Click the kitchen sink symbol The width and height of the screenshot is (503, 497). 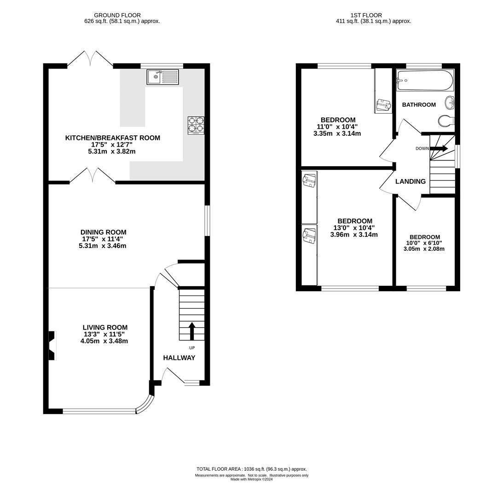click(163, 77)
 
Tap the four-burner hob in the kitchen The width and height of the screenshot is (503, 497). click(196, 125)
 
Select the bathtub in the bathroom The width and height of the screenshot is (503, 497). click(425, 80)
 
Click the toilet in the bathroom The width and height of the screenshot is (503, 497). click(446, 121)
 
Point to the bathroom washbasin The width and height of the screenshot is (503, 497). click(450, 103)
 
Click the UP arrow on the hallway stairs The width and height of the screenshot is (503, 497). click(192, 331)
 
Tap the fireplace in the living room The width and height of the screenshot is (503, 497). click(52, 346)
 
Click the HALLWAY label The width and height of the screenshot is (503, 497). click(179, 358)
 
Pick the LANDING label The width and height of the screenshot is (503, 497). click(410, 181)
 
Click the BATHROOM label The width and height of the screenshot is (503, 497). click(419, 104)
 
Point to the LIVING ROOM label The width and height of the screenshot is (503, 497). click(105, 327)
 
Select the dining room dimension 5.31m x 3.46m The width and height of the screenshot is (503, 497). click(102, 246)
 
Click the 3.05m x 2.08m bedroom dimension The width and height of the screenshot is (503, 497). click(424, 248)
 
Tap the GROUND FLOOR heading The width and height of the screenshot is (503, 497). click(117, 15)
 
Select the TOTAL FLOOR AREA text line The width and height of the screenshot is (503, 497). click(251, 469)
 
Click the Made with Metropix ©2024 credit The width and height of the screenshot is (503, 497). click(251, 479)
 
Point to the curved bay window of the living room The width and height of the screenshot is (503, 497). click(145, 405)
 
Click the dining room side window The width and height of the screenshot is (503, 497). click(207, 221)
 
